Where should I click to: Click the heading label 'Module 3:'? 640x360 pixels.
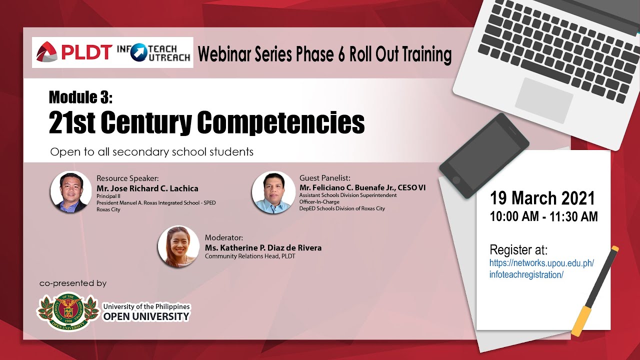point(81,97)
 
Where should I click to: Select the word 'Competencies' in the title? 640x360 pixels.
point(281,122)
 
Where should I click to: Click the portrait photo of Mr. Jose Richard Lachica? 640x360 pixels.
point(71,192)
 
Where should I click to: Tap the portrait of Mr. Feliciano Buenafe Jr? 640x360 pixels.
point(273,192)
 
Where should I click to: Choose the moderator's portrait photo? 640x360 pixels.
point(178,246)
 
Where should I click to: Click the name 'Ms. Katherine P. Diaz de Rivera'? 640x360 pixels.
point(263,247)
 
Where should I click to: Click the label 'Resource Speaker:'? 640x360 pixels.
point(127,178)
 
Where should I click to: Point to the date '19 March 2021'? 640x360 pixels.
point(542,198)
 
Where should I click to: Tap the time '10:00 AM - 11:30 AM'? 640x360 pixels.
point(543,216)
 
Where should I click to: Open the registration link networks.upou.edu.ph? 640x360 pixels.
point(541,268)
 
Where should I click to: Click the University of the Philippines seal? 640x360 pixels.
point(68,311)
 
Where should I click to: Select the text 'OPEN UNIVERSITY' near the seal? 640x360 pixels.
point(146,316)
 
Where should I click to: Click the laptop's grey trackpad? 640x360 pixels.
point(543,100)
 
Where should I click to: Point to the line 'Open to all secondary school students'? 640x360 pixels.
point(151,151)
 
